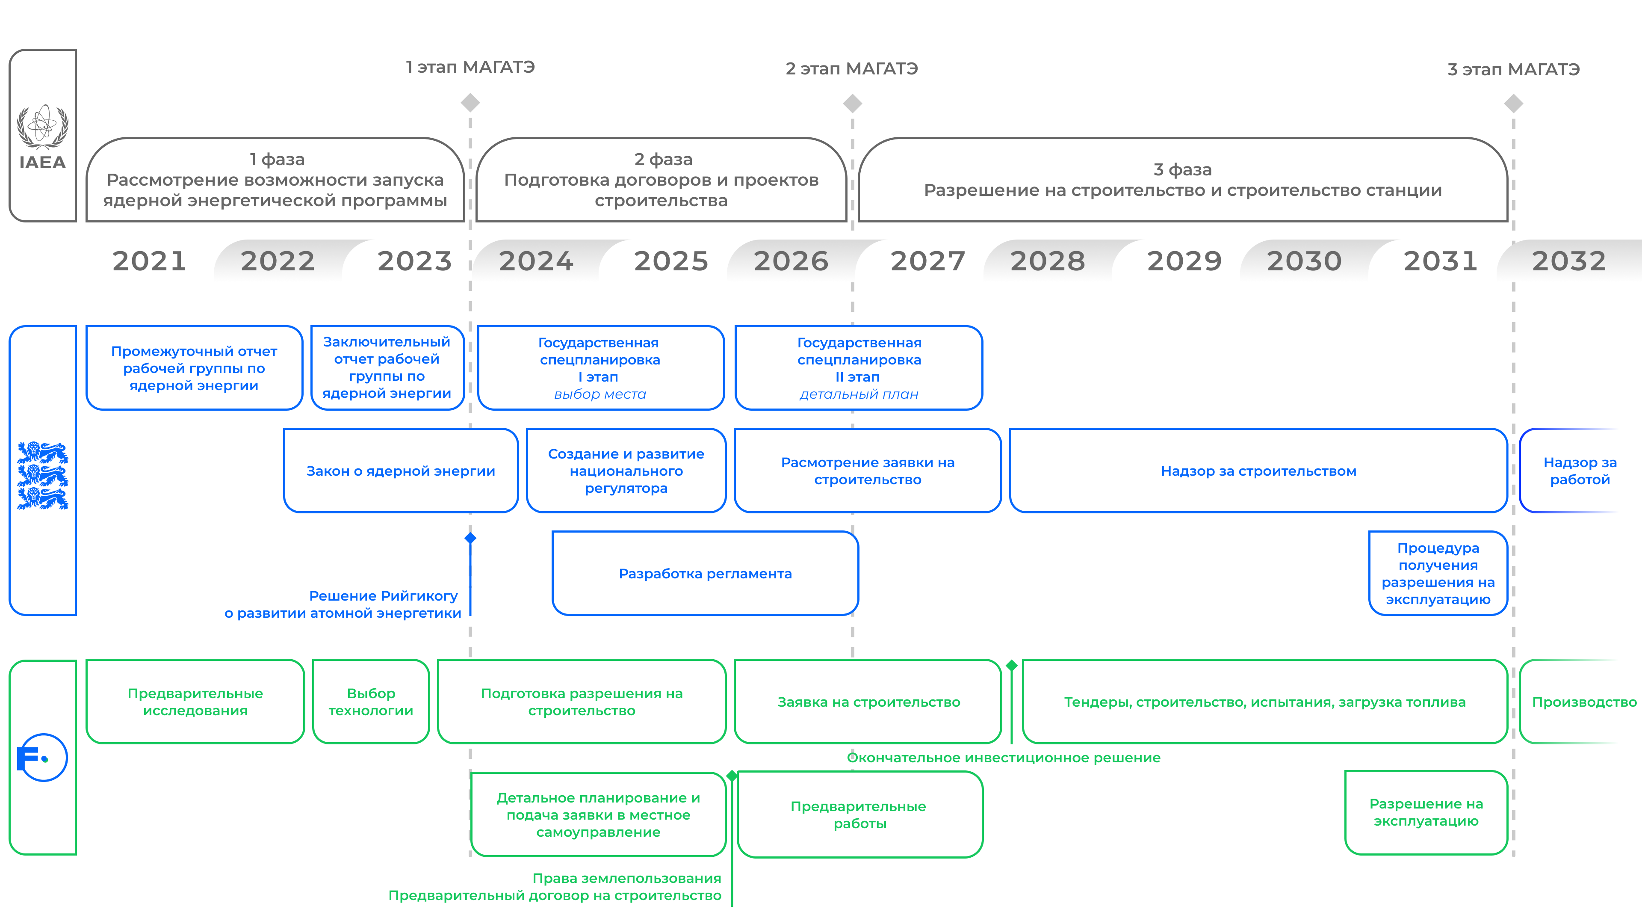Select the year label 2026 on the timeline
791,261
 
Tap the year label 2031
1441,261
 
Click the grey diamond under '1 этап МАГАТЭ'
470,102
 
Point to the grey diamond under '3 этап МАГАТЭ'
1513,103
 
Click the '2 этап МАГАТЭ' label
852,69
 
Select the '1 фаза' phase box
275,180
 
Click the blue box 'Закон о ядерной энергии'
401,471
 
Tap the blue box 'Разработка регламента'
705,573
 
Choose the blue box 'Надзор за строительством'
1258,471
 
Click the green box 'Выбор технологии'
371,702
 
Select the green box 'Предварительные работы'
860,814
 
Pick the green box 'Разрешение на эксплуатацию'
1426,812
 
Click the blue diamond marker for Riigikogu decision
470,538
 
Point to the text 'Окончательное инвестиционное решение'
1003,758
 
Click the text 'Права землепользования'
626,878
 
